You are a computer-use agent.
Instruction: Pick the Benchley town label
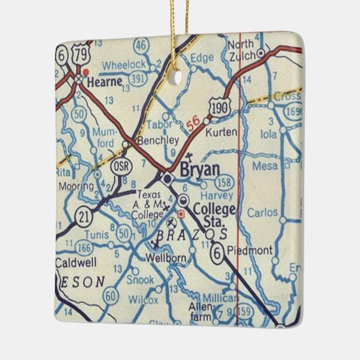(157, 140)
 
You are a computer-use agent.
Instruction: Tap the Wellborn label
(161, 258)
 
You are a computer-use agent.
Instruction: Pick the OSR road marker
(120, 166)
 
